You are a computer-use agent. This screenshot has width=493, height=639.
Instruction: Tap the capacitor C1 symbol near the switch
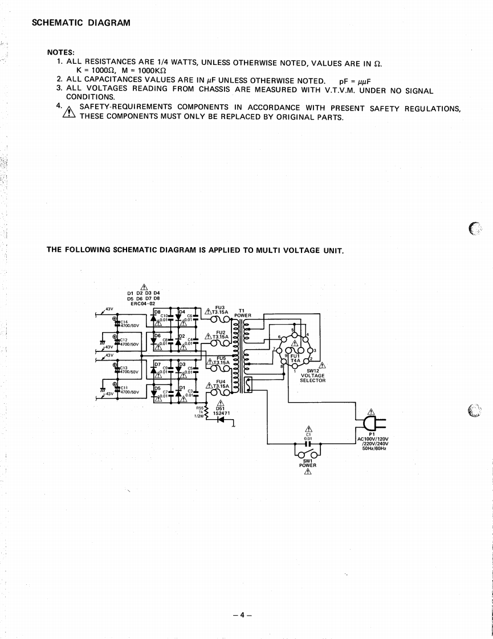tap(308, 444)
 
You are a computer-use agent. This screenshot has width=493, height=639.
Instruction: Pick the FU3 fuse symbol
tap(219, 319)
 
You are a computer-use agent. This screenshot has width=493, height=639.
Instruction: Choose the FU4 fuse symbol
tap(219, 392)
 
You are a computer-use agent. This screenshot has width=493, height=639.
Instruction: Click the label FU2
tap(221, 331)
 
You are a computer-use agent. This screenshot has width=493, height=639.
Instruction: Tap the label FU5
tap(221, 358)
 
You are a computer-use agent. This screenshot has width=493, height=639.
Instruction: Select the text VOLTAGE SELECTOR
tap(312, 378)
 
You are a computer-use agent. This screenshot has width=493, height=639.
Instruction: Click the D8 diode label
tap(157, 312)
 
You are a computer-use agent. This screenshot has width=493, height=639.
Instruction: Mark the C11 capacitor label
tap(123, 388)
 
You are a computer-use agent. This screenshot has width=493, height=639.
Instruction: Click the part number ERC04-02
tap(142, 304)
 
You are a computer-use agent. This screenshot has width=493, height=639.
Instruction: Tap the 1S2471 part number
tap(221, 412)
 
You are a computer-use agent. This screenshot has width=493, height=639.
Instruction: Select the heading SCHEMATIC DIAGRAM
tap(81, 23)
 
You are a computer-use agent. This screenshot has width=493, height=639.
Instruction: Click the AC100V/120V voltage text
tap(373, 439)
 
